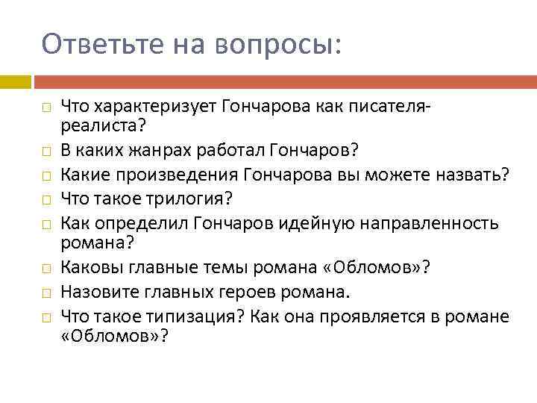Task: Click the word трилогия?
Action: click(x=198, y=199)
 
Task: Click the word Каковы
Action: click(x=87, y=266)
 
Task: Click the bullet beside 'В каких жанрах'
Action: click(x=46, y=152)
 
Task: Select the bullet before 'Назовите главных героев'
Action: click(x=46, y=291)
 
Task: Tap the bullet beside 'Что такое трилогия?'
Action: click(x=46, y=200)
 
